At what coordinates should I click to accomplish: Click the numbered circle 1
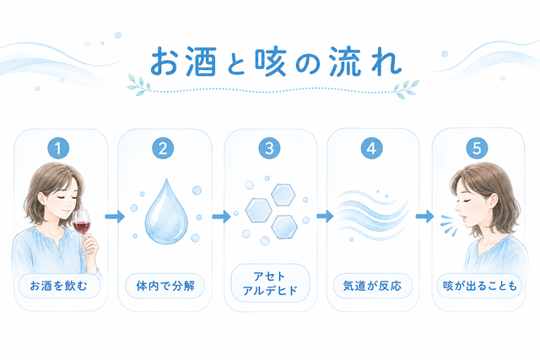coord(58,148)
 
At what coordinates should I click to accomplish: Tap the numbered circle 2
coord(163,148)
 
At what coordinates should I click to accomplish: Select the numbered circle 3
coord(269,148)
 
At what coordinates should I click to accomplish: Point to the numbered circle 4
coord(371,148)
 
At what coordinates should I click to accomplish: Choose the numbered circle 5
coord(477,148)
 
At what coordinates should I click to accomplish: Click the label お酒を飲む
coord(59,286)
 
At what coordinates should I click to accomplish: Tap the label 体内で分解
coord(165,286)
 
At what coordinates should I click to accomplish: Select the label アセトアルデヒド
coord(270,283)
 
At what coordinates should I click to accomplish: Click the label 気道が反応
coord(372,286)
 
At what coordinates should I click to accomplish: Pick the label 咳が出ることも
coord(480,286)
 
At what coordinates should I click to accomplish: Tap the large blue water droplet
coord(166,212)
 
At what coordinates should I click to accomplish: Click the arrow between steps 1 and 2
coord(115,217)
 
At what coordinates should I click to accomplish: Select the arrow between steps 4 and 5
coord(424,217)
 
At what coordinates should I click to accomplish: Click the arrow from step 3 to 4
coord(325,217)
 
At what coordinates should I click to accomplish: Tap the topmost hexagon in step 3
coord(283,195)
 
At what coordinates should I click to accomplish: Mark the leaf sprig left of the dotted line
coord(139,84)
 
